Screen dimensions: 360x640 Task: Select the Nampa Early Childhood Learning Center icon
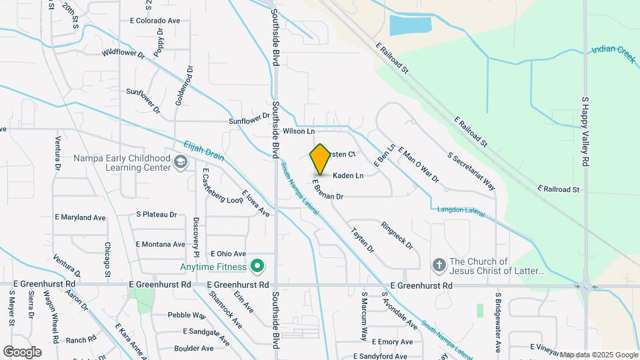[180, 162]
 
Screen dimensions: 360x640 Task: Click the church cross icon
[439, 266]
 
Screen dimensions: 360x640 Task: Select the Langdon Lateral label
[460, 210]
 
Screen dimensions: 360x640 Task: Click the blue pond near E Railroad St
[409, 25]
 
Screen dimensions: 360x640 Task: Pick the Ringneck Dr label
[397, 235]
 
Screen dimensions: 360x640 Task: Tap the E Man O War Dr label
[418, 165]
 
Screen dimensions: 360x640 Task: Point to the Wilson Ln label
[298, 131]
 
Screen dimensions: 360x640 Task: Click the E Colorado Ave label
[155, 21]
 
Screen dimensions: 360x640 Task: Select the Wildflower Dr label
[123, 52]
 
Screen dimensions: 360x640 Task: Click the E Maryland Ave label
[80, 217]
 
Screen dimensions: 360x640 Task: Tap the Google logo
[22, 351]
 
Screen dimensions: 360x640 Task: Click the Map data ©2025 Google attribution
[599, 355]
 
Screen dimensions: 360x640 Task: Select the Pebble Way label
[187, 315]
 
